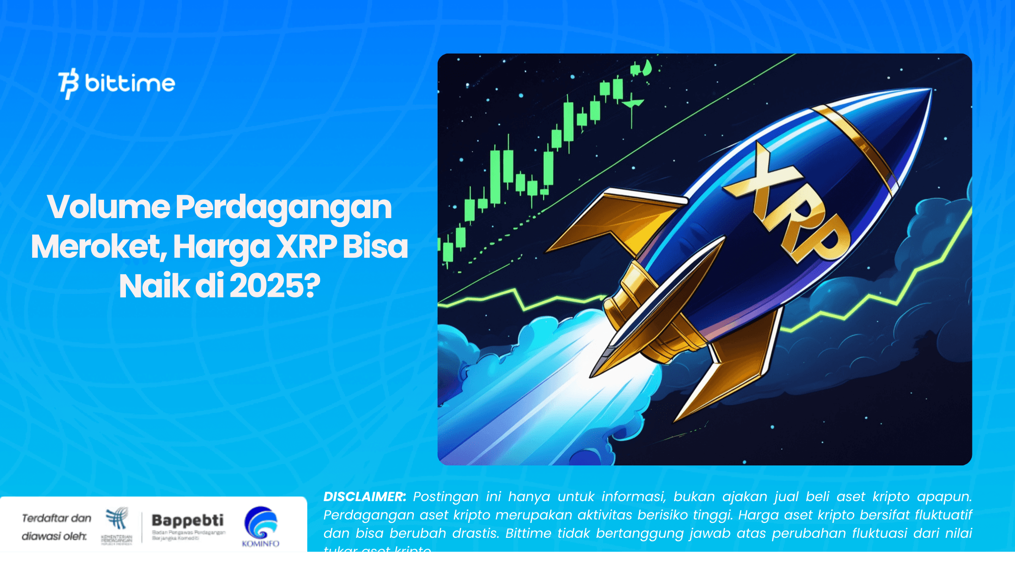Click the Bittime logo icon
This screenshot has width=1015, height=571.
[x=68, y=83]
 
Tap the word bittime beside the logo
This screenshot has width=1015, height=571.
[x=130, y=83]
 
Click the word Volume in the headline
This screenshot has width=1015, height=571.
[x=108, y=207]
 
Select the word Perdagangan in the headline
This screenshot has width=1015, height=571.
[x=283, y=208]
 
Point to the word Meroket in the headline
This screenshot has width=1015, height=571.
[x=96, y=247]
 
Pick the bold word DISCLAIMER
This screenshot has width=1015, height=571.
[x=364, y=497]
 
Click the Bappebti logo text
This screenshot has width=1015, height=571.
[x=187, y=520]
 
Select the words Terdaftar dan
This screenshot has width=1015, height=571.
[x=56, y=518]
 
